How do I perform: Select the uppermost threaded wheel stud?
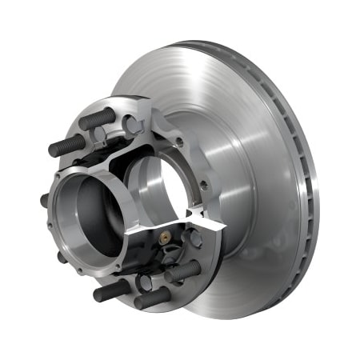point(97,118)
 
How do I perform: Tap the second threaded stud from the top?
point(67,146)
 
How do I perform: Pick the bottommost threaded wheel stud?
point(151,298)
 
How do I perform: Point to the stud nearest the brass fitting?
point(182,271)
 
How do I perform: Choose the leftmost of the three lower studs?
point(111,290)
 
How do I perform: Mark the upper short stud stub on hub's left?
point(46,200)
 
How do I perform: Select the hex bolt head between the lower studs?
point(144,282)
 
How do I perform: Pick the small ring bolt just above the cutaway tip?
point(203,186)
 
